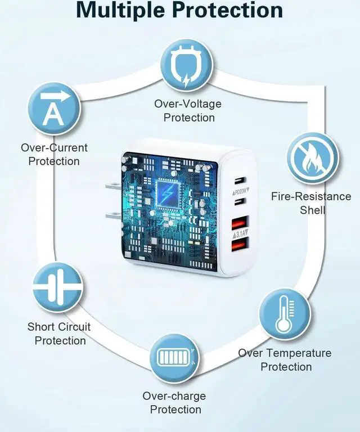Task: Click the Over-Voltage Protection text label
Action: pyautogui.click(x=188, y=111)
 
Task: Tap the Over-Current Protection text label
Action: pyautogui.click(x=54, y=155)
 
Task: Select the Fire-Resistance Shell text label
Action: pyautogui.click(x=311, y=203)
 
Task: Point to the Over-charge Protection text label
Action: pyautogui.click(x=174, y=403)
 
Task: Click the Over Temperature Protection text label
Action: pyautogui.click(x=285, y=360)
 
